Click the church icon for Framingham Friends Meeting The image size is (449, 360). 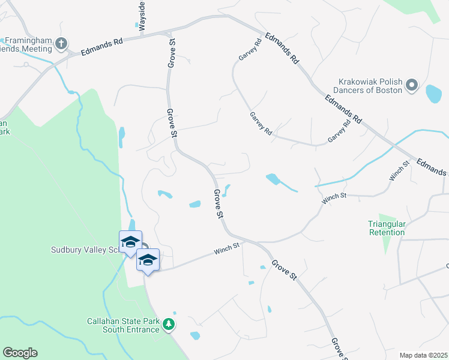61,43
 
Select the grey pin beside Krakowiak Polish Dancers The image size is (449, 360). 412,86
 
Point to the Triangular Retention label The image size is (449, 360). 387,228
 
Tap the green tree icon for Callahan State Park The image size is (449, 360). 169,325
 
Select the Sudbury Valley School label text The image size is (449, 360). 84,250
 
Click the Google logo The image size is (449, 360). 20,353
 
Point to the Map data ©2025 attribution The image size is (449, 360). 423,355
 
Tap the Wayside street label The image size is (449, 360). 142,16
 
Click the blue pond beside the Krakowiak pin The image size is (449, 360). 433,94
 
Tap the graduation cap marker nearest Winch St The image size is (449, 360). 148,260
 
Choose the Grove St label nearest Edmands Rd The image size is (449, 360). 172,53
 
